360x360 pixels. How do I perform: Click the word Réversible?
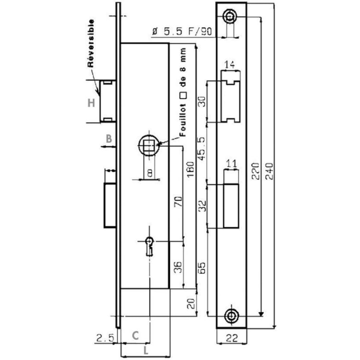click(x=91, y=43)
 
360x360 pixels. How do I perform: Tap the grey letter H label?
click(x=92, y=103)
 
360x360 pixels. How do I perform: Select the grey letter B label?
click(x=109, y=139)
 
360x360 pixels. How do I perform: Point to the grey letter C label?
click(x=135, y=335)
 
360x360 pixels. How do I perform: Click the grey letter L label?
click(x=146, y=350)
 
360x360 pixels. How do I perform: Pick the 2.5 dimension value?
click(x=105, y=338)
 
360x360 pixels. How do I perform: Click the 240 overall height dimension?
click(x=269, y=171)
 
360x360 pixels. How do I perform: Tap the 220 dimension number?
click(x=256, y=171)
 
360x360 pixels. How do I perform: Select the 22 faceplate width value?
click(x=232, y=338)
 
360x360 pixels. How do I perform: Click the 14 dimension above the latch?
click(x=229, y=64)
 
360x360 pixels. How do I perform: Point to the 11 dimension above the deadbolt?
click(x=231, y=164)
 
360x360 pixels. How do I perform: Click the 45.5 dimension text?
click(x=202, y=149)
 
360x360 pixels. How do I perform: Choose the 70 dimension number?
click(x=178, y=202)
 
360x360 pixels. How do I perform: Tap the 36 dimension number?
click(x=178, y=267)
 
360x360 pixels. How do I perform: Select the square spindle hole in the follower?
click(x=149, y=145)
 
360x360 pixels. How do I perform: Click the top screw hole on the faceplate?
click(x=229, y=16)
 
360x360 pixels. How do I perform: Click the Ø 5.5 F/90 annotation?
click(x=182, y=31)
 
